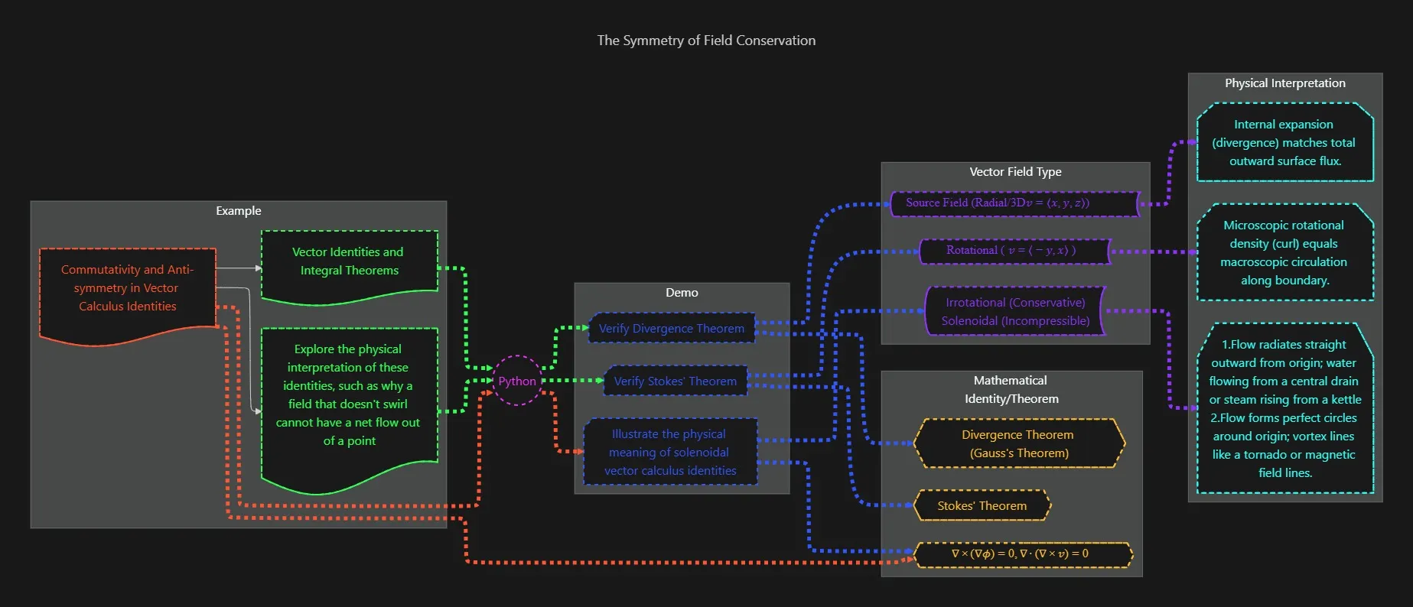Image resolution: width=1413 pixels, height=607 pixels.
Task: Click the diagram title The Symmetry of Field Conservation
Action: [706, 41]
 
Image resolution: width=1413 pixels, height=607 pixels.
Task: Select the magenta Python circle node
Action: [517, 381]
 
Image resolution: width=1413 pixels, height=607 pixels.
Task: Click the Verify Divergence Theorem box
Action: [671, 328]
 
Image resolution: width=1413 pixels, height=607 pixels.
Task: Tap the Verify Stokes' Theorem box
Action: [675, 381]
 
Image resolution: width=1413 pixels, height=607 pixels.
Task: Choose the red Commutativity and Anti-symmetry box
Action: [128, 288]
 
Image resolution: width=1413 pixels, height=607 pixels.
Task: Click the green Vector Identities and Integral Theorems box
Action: [349, 261]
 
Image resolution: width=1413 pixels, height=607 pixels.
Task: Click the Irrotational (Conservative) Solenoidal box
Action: [1015, 311]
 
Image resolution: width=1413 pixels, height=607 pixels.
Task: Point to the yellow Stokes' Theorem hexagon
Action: [982, 505]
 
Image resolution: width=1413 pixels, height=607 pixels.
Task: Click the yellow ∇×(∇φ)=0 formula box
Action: [1022, 554]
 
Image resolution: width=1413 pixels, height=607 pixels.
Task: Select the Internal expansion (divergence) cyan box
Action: [1284, 143]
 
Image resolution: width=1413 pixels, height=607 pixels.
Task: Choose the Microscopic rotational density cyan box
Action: [1284, 252]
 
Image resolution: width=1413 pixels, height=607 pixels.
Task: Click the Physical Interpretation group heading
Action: [1284, 83]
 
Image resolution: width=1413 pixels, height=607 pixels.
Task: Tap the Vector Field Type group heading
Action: [1015, 172]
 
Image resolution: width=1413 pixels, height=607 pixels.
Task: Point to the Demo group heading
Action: [682, 293]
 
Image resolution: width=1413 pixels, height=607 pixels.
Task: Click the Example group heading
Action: [238, 211]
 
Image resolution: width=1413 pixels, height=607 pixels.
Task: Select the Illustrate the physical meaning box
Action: [670, 452]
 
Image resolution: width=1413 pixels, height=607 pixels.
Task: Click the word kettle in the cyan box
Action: [1346, 400]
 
